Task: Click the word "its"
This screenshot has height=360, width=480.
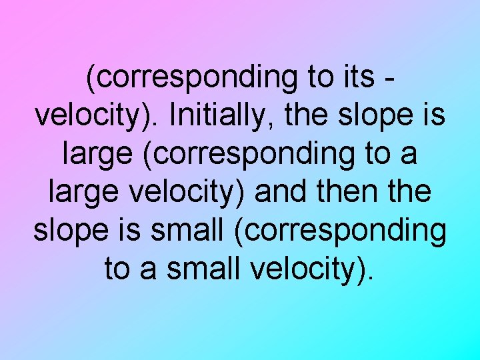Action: [x=355, y=78]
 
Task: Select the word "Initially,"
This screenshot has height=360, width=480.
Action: [x=216, y=116]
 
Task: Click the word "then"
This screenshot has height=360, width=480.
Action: [x=345, y=192]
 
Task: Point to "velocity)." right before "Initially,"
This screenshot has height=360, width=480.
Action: [x=95, y=116]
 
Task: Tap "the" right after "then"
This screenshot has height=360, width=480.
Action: [x=408, y=192]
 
